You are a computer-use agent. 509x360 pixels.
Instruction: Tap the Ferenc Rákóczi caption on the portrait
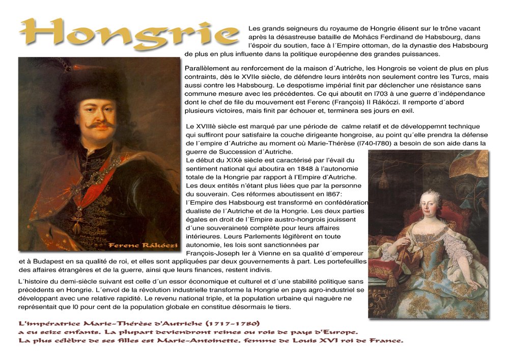tap(143, 246)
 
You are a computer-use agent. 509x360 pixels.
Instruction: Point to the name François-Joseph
tap(214, 253)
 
